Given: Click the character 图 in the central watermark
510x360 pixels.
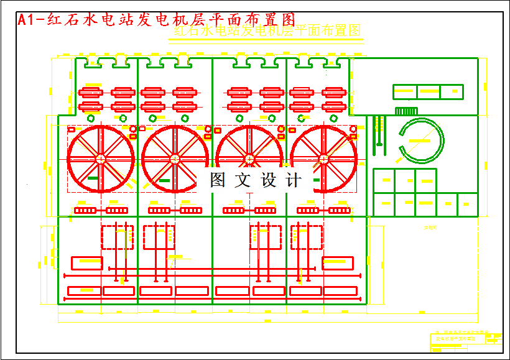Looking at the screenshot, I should pyautogui.click(x=218, y=180).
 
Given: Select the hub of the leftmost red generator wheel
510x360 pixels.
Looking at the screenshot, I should pyautogui.click(x=100, y=160).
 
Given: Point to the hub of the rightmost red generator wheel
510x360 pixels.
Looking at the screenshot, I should pyautogui.click(x=323, y=160).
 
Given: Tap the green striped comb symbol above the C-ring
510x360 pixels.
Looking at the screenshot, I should pyautogui.click(x=406, y=111).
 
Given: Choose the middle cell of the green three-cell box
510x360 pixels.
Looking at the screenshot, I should pyautogui.click(x=428, y=91).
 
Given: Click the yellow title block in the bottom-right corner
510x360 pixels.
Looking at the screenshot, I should pyautogui.click(x=466, y=341).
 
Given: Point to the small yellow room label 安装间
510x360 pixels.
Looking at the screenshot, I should pyautogui.click(x=430, y=228).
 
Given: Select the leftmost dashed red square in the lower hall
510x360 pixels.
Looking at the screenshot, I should pyautogui.click(x=113, y=237).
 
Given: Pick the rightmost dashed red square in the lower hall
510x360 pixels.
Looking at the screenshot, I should pyautogui.click(x=307, y=237).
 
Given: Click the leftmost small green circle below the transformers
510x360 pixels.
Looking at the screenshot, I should pyautogui.click(x=91, y=118).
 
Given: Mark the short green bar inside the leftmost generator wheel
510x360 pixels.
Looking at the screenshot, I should pyautogui.click(x=93, y=178).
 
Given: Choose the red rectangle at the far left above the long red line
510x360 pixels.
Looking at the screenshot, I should pyautogui.click(x=86, y=262).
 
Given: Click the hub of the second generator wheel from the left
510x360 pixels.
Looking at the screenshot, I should pyautogui.click(x=175, y=160).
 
